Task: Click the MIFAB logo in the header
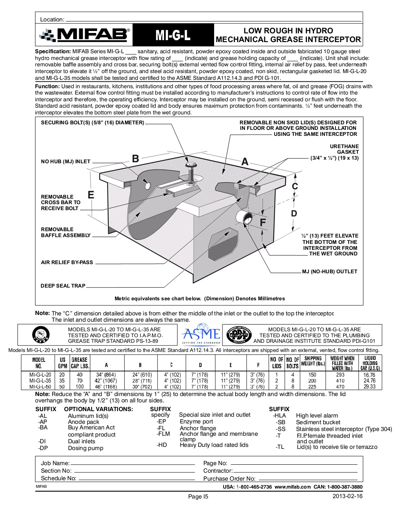click(84, 35)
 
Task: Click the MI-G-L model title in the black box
click(173, 35)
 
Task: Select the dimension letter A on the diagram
click(245, 162)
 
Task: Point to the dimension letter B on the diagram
click(135, 158)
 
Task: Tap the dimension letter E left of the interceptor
click(91, 195)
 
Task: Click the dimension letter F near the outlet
click(263, 222)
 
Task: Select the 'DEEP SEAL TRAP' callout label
click(63, 286)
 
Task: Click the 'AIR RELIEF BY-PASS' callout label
click(67, 262)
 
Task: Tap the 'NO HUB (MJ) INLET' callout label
click(66, 162)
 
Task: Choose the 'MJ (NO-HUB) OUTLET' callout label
click(330, 272)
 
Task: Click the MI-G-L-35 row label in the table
click(40, 381)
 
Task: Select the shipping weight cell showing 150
click(312, 375)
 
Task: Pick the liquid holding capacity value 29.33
click(369, 386)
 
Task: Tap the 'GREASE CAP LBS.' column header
click(80, 363)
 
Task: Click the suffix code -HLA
click(279, 415)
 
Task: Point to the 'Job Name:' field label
click(55, 463)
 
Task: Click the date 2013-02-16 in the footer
click(347, 496)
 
